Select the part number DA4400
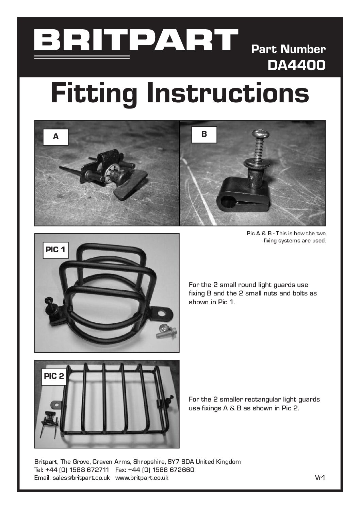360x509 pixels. (x=296, y=65)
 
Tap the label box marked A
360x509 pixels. (x=56, y=137)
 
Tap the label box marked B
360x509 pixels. (x=204, y=135)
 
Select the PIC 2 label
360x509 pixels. (x=54, y=376)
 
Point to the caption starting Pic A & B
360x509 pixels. (x=286, y=237)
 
